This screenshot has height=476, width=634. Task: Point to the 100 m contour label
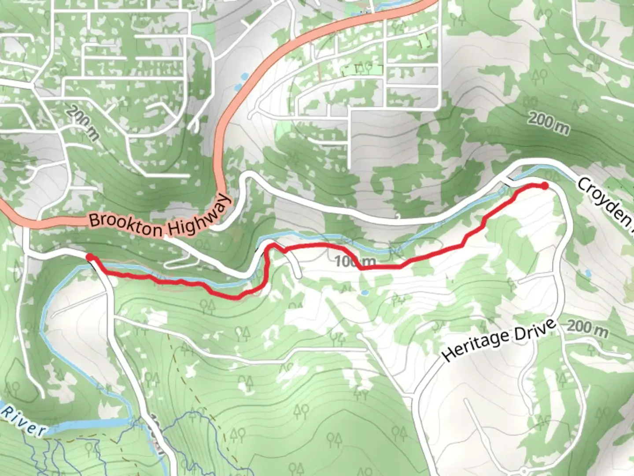tap(354, 262)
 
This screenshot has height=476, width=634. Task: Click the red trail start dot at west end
tap(89, 257)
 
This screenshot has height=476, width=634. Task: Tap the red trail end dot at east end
tap(545, 186)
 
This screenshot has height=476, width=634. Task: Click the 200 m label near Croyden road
tap(548, 123)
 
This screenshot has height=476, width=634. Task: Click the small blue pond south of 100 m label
tap(364, 292)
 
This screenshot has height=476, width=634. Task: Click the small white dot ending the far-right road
tap(627, 355)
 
